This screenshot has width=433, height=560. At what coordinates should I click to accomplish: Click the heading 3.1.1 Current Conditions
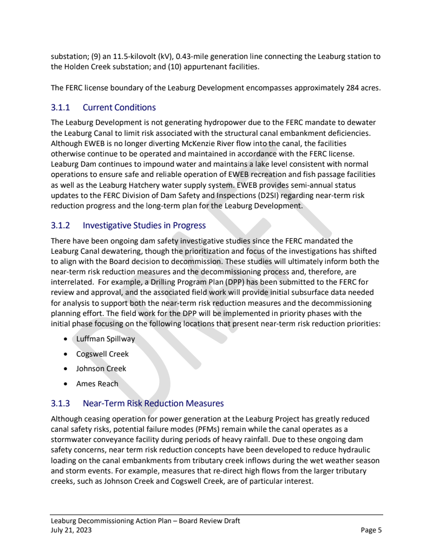coord(103,107)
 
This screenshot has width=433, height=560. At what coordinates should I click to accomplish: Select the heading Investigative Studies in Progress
coord(144,225)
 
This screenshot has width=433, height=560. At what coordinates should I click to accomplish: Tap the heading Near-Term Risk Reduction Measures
coord(153,403)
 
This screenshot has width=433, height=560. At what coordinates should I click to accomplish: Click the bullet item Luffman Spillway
coord(106,339)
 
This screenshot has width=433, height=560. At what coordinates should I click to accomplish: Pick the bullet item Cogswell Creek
coord(102,354)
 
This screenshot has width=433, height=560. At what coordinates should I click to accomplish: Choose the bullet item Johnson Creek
coord(101,368)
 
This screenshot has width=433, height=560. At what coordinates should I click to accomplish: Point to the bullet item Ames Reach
coord(97,384)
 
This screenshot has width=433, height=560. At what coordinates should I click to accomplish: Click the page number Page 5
coord(371,530)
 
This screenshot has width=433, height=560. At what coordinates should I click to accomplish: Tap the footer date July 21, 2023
coord(71,530)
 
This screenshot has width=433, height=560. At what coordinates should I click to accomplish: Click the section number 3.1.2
coord(61,225)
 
